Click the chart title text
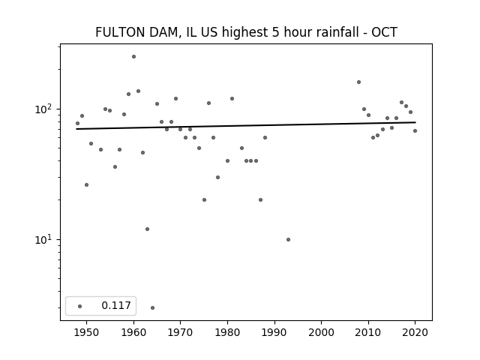[x=246, y=32]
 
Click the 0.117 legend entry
[x=115, y=306]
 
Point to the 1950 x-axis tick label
[x=87, y=332]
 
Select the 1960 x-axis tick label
[x=133, y=332]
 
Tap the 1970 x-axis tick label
[x=181, y=332]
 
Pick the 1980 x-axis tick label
[x=227, y=332]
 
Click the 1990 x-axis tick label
[x=274, y=332]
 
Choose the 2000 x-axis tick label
[x=321, y=332]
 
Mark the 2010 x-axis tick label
[x=368, y=332]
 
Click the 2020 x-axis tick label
[x=415, y=332]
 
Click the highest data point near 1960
[x=133, y=56]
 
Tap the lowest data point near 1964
[x=152, y=307]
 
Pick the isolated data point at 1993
[x=288, y=239]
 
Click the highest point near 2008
[x=358, y=82]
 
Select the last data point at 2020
[x=415, y=130]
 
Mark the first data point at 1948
[x=77, y=123]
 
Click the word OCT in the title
[x=384, y=32]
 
